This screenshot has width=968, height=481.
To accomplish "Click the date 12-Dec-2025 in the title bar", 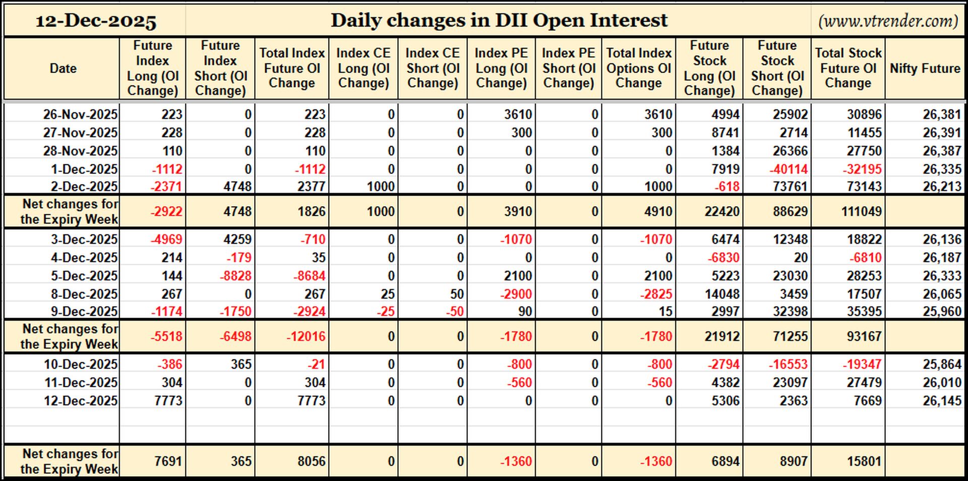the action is click(96, 21).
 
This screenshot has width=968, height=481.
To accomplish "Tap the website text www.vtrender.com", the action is click(888, 21).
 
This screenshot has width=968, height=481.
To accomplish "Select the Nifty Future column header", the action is click(925, 69).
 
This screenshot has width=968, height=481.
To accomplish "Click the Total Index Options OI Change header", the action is click(639, 68).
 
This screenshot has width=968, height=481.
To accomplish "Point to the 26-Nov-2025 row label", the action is click(80, 114).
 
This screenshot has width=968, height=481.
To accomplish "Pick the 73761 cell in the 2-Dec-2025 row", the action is click(790, 187).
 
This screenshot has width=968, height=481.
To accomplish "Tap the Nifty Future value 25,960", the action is click(942, 312).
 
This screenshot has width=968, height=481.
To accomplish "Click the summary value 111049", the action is click(861, 211).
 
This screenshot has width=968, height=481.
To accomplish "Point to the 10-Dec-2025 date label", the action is click(81, 365).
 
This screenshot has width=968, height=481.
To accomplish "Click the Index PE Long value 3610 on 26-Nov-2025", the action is click(518, 114).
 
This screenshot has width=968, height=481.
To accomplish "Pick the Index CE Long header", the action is click(364, 68).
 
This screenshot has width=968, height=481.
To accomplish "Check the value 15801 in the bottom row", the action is click(864, 461).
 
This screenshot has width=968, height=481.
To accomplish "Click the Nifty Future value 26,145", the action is click(942, 401).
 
